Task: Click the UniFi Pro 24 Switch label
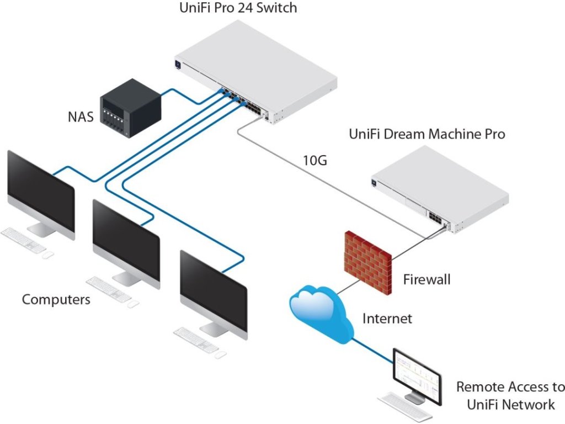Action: coord(238,8)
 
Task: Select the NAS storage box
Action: coord(130,108)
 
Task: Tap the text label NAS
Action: coord(81,117)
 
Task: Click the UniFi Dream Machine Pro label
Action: coord(427,134)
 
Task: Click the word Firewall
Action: coord(427,279)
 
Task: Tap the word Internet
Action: coord(387,319)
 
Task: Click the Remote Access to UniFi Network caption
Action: coord(510,395)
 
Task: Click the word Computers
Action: coord(56,299)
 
